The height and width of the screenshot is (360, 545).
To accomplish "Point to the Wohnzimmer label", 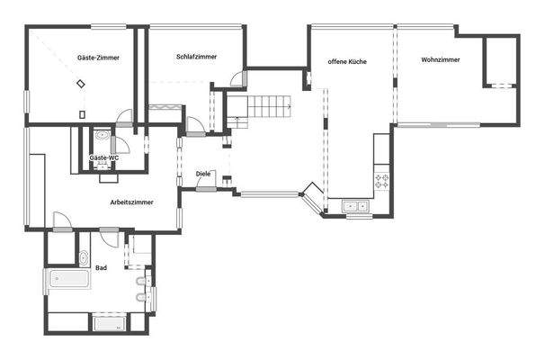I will (x=440, y=60).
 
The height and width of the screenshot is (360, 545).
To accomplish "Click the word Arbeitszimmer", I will (x=131, y=202).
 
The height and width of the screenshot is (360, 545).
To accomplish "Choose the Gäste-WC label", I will (x=103, y=157).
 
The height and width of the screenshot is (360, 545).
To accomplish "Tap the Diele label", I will (x=203, y=174).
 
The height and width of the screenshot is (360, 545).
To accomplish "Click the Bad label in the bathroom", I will (x=101, y=267).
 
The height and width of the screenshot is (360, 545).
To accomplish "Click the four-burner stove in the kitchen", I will (x=382, y=180).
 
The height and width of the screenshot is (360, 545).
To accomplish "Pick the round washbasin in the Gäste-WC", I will (x=103, y=136).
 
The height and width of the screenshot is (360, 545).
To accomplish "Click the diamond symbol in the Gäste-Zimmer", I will (x=81, y=84).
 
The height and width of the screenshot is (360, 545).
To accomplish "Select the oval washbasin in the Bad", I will (x=84, y=257).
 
